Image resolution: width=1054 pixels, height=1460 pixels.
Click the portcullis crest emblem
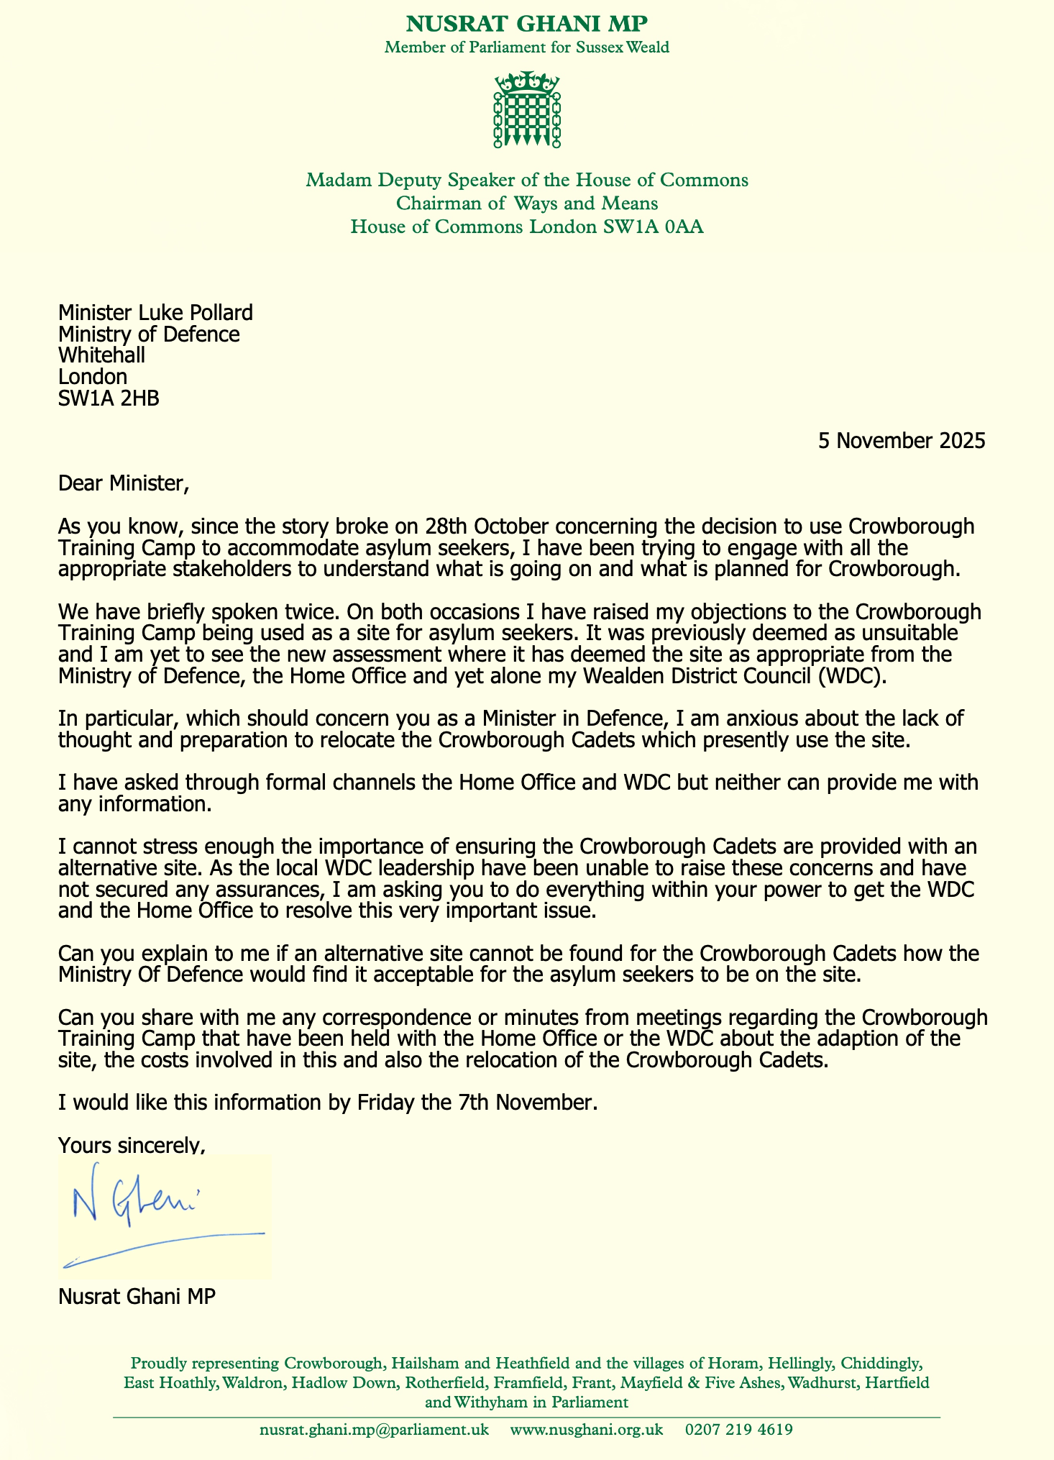click(x=527, y=109)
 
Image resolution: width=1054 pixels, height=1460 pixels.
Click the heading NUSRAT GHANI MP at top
click(x=527, y=24)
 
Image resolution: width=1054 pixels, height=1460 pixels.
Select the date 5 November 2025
click(x=902, y=441)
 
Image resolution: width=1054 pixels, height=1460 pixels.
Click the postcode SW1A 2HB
click(x=109, y=398)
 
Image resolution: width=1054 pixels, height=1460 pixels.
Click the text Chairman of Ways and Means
click(x=527, y=204)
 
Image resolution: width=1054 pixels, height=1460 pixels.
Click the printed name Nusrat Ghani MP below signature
click(x=137, y=1297)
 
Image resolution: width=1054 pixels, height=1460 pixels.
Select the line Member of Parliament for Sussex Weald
click(x=527, y=48)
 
